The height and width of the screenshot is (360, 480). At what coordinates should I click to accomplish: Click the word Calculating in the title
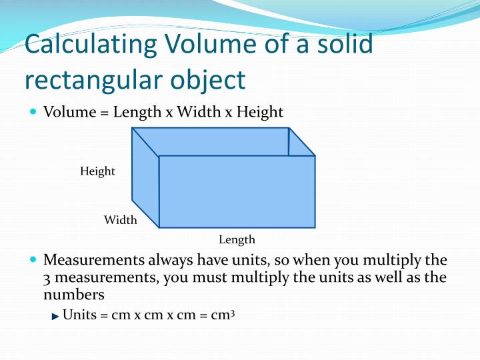point(88,45)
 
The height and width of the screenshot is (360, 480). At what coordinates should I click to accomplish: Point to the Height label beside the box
point(97,171)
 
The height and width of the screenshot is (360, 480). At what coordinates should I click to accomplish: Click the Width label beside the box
point(120,220)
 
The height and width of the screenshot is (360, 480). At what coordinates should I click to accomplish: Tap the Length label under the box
point(237,239)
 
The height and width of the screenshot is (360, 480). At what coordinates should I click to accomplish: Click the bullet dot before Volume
point(34,111)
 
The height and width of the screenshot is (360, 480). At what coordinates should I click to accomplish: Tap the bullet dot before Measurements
point(34,259)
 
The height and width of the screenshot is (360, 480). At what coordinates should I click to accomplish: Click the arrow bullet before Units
point(55,315)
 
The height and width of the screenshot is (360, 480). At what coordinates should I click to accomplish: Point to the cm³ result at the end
point(223,314)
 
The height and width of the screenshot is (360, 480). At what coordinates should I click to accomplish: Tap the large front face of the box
point(237,192)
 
